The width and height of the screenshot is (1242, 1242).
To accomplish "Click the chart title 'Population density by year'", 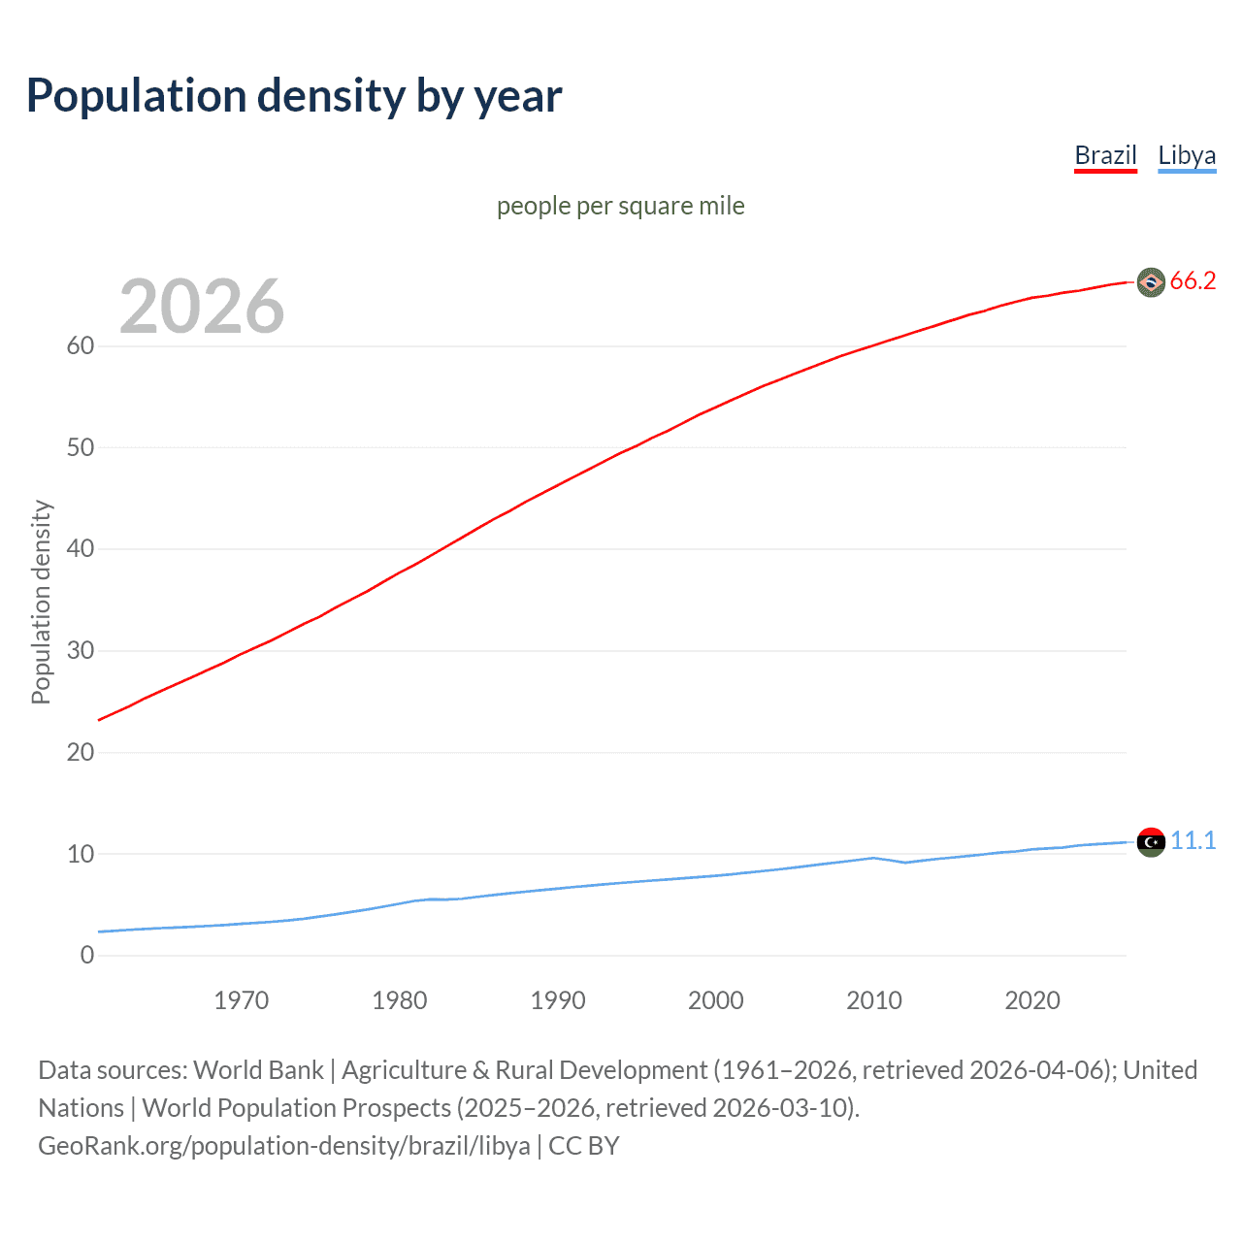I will tap(294, 96).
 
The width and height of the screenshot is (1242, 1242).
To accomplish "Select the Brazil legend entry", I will tap(1105, 155).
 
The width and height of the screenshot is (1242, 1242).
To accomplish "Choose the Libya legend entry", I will tap(1187, 155).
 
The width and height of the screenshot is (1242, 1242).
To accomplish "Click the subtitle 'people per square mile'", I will tap(621, 206).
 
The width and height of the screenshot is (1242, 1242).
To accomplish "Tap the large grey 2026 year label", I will tap(202, 307).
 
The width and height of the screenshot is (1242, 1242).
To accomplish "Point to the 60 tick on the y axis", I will tap(81, 346).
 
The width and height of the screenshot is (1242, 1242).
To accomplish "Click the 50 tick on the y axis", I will tap(81, 447).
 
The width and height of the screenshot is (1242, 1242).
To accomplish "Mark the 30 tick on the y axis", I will tap(81, 651).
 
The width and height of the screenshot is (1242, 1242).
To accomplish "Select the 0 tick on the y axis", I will tap(87, 956).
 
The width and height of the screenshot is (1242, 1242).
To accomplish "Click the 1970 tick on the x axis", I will tap(242, 1000).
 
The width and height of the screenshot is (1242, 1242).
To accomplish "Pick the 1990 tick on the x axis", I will tap(558, 1000).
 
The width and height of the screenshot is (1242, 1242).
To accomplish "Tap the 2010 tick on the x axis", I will tap(874, 1000).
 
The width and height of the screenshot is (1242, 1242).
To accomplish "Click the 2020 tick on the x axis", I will tap(1032, 1000).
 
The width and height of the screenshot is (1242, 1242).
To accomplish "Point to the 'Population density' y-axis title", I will tap(41, 602).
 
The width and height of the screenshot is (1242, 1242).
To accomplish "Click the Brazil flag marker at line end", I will tap(1151, 282).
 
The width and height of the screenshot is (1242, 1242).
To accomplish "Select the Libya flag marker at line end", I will tap(1151, 842).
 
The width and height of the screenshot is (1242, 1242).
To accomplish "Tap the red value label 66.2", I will tap(1193, 281).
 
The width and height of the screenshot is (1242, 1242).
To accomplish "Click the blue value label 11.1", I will tap(1193, 841).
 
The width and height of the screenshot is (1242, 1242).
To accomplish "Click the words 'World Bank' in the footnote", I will tap(258, 1070).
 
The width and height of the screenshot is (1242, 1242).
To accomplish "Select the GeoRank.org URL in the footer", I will tap(284, 1146).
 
